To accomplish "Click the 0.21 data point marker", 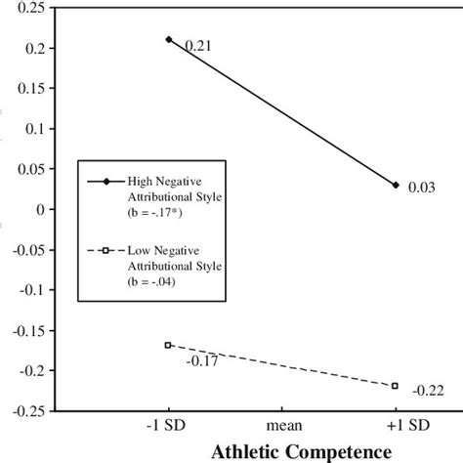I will tap(168, 40).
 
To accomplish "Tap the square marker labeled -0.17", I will tap(168, 345).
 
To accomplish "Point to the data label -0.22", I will tap(429, 391).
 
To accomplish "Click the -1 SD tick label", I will tap(168, 426).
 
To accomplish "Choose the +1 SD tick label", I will tap(397, 426).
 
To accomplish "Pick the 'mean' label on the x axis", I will tap(282, 426).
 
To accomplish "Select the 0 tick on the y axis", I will tap(40, 209).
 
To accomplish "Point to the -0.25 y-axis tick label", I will tap(26, 409).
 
